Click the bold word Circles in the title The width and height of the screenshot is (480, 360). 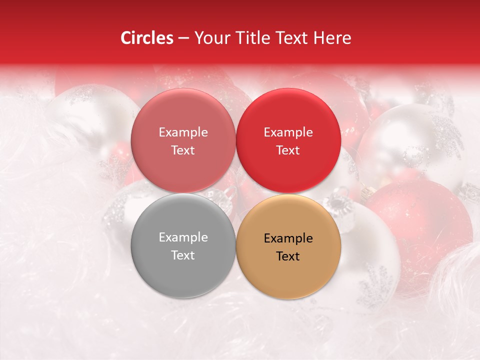(146, 38)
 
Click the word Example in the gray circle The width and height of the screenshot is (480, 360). (183, 237)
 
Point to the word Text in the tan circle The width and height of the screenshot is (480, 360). (288, 256)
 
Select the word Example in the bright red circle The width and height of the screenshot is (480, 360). (288, 132)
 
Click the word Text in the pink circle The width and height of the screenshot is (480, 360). (183, 150)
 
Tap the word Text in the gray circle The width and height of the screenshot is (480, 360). (183, 255)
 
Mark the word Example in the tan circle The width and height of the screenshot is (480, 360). (288, 238)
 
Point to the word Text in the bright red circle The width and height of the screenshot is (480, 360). (288, 150)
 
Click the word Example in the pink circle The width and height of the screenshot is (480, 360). (183, 132)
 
